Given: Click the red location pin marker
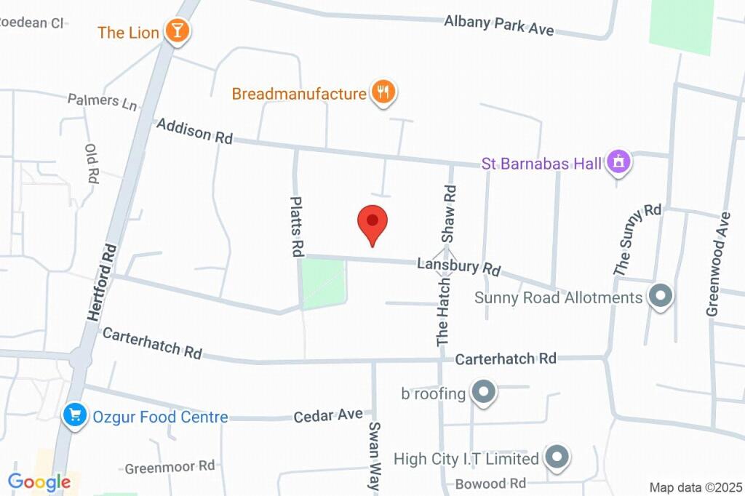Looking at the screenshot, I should [372, 222].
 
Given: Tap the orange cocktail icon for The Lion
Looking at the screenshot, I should [177, 31].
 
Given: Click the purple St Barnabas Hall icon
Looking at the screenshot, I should [619, 162].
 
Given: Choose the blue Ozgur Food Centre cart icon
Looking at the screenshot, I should [73, 415].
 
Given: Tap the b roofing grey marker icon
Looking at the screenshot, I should [482, 393].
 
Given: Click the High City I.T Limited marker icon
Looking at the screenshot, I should [557, 457].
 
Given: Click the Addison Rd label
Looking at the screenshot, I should [194, 131].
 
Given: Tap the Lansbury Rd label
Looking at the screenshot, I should [458, 265].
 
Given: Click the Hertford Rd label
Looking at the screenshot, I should [103, 282].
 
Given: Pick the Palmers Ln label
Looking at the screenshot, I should [102, 101].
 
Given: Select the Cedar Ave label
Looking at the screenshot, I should [328, 415].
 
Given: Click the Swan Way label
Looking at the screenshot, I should [375, 455].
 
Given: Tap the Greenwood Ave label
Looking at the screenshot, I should [718, 264].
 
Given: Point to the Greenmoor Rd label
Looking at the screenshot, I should [170, 466].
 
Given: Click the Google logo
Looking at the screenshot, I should [39, 481].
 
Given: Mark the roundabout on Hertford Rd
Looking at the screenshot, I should [79, 358].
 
